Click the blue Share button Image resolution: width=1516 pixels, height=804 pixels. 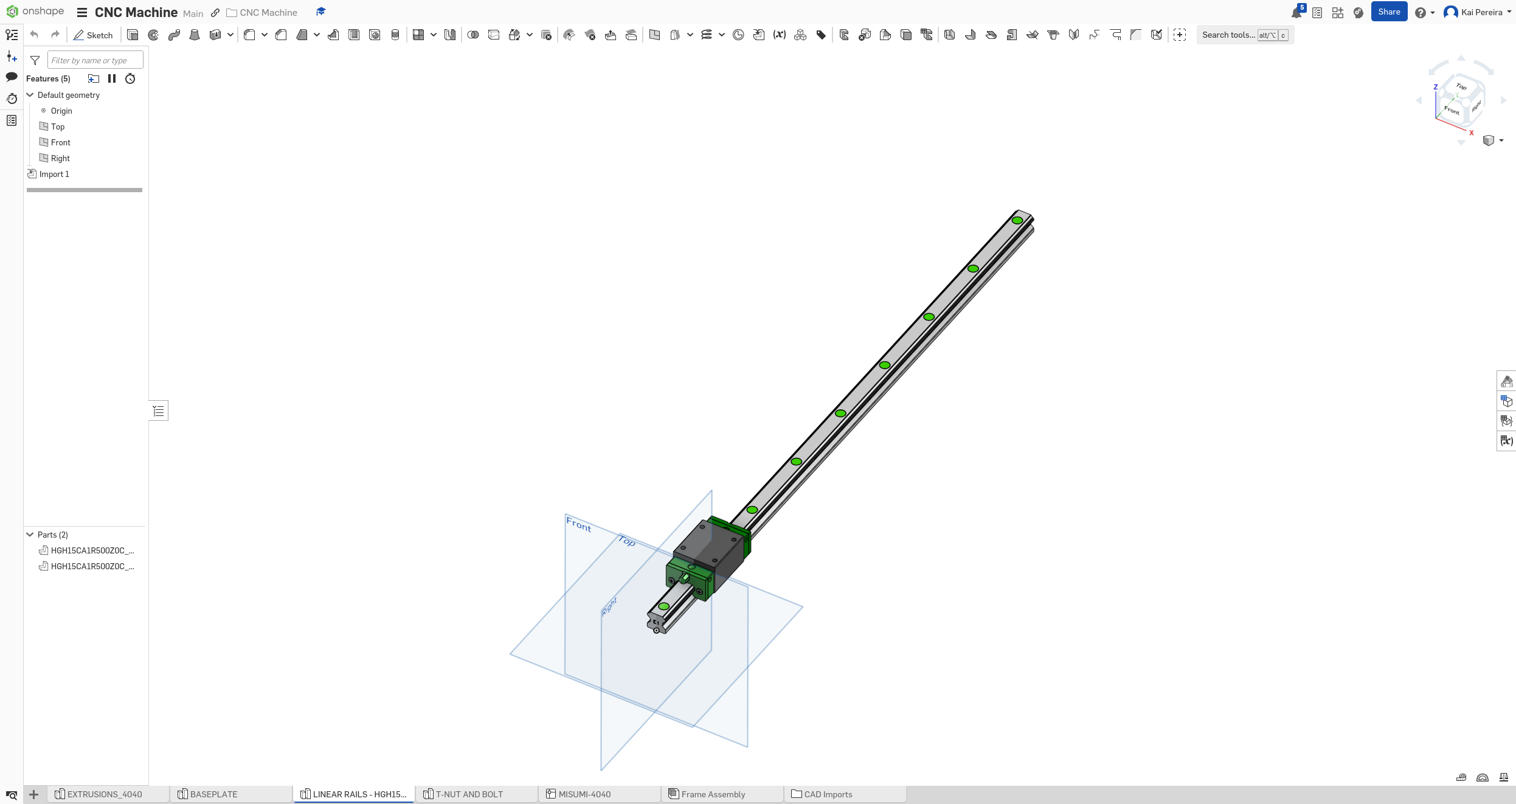click(1388, 12)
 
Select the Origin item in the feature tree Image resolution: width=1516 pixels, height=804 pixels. click(61, 111)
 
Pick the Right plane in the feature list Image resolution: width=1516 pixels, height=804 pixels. click(60, 158)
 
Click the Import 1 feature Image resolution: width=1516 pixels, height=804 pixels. click(54, 174)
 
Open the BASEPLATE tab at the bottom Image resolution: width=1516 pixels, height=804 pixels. click(213, 794)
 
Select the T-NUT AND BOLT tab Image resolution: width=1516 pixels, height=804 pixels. click(468, 794)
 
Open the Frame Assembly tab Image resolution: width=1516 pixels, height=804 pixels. click(712, 794)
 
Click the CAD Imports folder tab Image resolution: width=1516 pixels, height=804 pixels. click(827, 794)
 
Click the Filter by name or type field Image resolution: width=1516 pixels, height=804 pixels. click(95, 60)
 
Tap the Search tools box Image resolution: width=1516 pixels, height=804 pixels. click(1228, 35)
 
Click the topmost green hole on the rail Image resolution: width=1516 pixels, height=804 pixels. click(1017, 221)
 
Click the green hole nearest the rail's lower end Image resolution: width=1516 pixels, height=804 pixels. click(663, 606)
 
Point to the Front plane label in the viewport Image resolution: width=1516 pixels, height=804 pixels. click(578, 524)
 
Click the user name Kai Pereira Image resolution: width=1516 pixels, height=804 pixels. click(1481, 12)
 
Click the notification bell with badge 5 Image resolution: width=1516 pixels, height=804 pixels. click(1296, 13)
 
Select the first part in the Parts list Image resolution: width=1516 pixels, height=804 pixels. click(92, 550)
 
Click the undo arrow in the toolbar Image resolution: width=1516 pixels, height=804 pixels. click(34, 35)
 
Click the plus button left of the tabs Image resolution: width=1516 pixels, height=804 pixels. click(34, 794)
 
